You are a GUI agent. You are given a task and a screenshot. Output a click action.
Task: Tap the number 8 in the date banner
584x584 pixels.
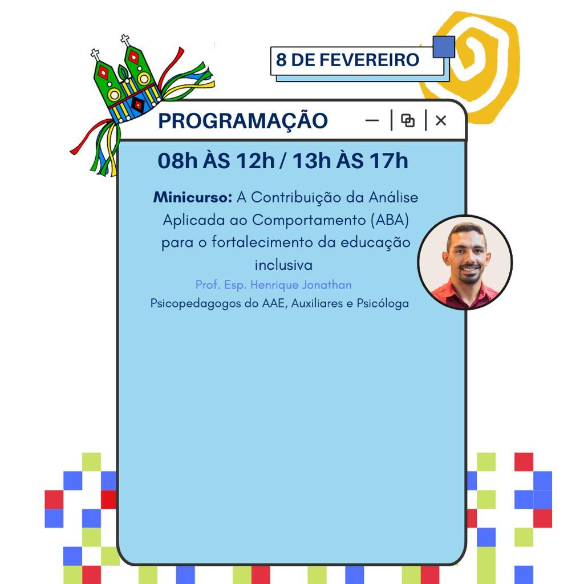pyautogui.click(x=281, y=59)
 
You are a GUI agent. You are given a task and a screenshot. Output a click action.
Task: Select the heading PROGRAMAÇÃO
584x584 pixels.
pyautogui.click(x=243, y=121)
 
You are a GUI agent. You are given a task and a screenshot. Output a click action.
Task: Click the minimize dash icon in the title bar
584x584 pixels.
pyautogui.click(x=372, y=120)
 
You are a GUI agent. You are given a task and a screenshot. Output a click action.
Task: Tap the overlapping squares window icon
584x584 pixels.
pyautogui.click(x=408, y=120)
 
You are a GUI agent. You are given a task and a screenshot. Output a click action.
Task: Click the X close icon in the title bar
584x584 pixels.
pyautogui.click(x=441, y=120)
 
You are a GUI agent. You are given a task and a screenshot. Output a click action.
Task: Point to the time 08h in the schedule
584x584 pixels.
pyautogui.click(x=177, y=160)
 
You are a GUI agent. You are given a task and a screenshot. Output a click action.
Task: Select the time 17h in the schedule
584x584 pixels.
pyautogui.click(x=389, y=160)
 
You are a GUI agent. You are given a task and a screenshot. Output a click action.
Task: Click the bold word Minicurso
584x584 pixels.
pyautogui.click(x=193, y=197)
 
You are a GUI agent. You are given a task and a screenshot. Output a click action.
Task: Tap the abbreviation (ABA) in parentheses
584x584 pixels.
pyautogui.click(x=390, y=220)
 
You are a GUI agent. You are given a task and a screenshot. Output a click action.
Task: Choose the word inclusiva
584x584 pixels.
pyautogui.click(x=283, y=265)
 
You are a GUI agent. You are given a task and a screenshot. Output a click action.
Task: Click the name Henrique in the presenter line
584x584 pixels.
pyautogui.click(x=274, y=285)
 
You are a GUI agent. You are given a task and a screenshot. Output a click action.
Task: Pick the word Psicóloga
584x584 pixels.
pyautogui.click(x=383, y=303)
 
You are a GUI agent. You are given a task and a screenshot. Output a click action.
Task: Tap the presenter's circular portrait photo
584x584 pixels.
pyautogui.click(x=465, y=262)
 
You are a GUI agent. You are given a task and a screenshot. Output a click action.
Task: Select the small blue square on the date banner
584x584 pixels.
pyautogui.click(x=444, y=47)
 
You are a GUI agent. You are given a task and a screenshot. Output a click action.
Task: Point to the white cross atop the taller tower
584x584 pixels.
pyautogui.click(x=125, y=39)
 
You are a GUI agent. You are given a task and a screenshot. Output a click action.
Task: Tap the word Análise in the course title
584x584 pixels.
pyautogui.click(x=394, y=197)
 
